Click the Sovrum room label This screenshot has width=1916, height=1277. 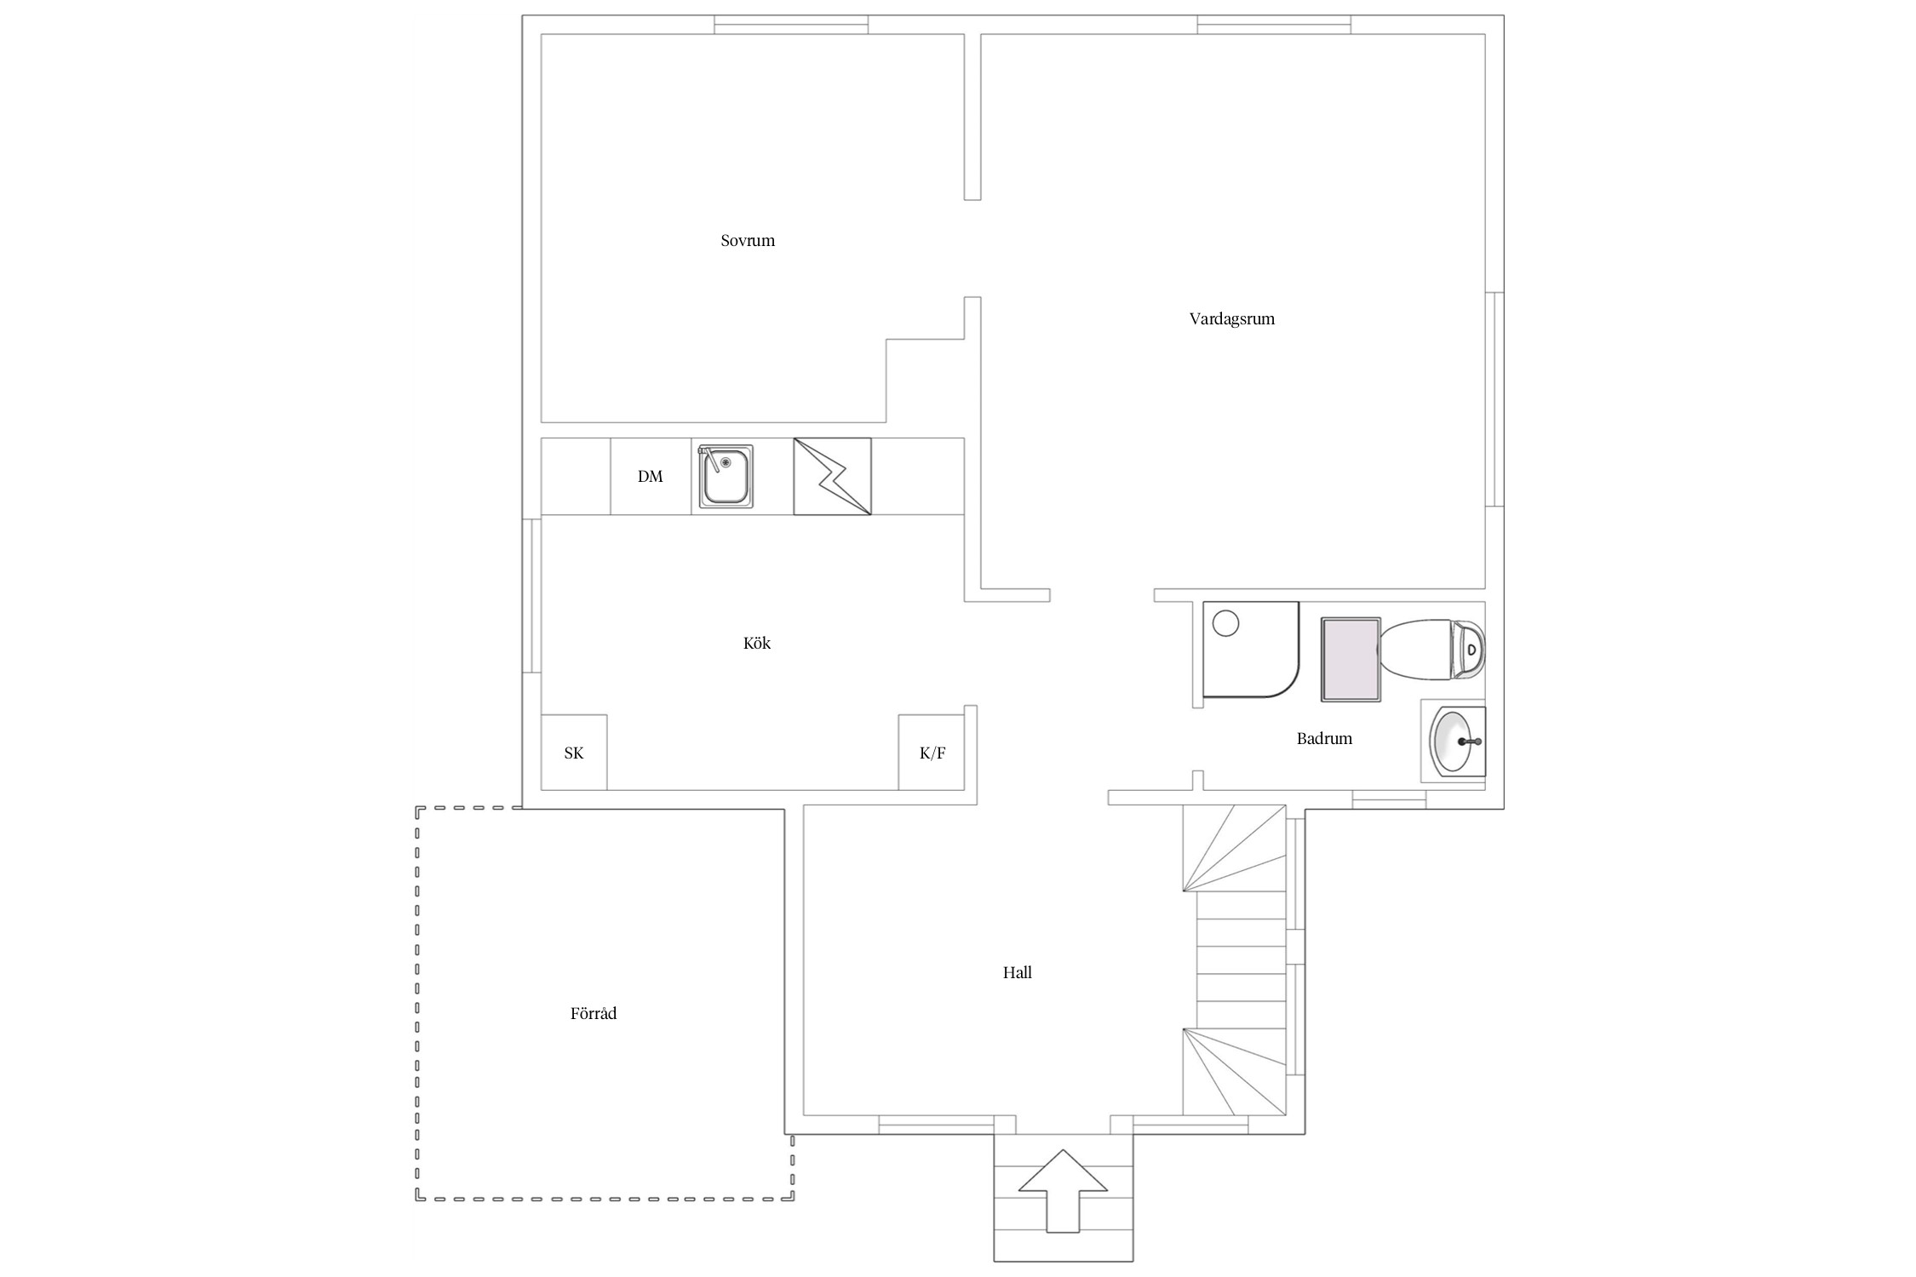(x=748, y=240)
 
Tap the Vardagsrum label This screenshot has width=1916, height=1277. (x=1231, y=319)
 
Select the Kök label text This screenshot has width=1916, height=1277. (x=756, y=643)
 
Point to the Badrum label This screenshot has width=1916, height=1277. (x=1324, y=738)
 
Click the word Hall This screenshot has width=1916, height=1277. (x=1017, y=972)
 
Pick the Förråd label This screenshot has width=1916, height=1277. (x=594, y=1013)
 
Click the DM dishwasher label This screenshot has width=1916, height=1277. (x=650, y=477)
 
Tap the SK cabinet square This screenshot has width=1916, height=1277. (x=574, y=753)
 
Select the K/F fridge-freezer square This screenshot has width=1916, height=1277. (x=932, y=753)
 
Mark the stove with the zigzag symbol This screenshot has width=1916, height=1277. (x=832, y=477)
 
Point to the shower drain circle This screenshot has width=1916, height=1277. (x=1225, y=623)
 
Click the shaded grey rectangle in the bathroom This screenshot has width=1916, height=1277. (x=1351, y=660)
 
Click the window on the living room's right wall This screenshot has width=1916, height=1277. (x=1494, y=399)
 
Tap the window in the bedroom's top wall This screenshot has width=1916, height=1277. (x=791, y=25)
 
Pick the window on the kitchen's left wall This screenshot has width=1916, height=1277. (x=532, y=596)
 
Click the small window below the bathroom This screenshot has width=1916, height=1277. (x=1390, y=799)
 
